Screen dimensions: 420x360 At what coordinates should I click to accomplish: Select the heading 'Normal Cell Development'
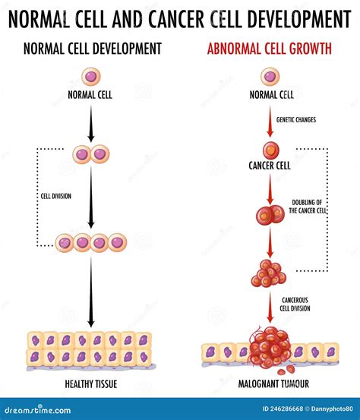pyautogui.click(x=92, y=49)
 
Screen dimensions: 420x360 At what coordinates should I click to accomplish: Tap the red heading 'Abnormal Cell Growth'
pyautogui.click(x=270, y=49)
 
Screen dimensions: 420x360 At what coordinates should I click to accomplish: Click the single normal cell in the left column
pyautogui.click(x=91, y=76)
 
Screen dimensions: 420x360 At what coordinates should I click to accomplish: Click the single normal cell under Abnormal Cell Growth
pyautogui.click(x=270, y=76)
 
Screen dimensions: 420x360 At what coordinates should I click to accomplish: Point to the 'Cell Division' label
pyautogui.click(x=55, y=196)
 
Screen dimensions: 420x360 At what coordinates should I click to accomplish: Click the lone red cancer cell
pyautogui.click(x=270, y=149)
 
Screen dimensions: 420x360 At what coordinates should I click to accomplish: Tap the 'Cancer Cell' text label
pyautogui.click(x=270, y=166)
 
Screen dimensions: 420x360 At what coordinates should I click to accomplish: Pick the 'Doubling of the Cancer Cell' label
pyautogui.click(x=308, y=206)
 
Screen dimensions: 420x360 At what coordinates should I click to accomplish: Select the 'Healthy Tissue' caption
pyautogui.click(x=91, y=384)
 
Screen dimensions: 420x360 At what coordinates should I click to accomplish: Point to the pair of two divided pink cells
pyautogui.click(x=91, y=155)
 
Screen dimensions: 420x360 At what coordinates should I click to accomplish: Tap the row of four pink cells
pyautogui.click(x=91, y=243)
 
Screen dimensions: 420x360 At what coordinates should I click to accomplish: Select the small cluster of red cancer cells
pyautogui.click(x=269, y=274)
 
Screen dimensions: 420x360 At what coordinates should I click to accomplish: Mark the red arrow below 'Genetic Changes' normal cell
pyautogui.click(x=270, y=122)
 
